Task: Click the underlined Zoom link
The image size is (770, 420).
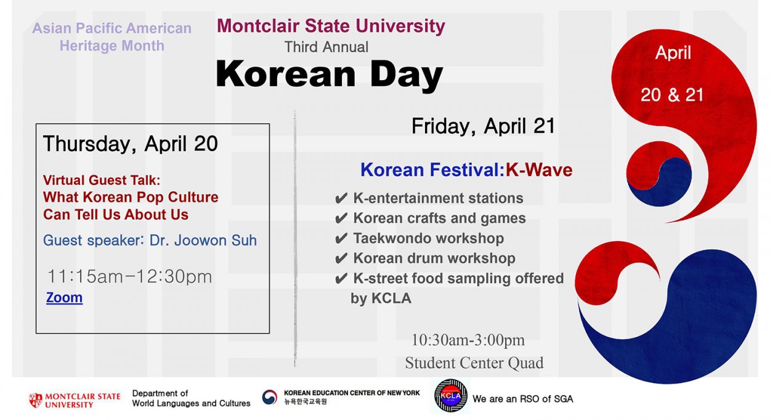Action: pyautogui.click(x=64, y=298)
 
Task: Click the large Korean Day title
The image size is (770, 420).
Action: pyautogui.click(x=330, y=75)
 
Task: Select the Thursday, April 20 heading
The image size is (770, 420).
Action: pyautogui.click(x=131, y=144)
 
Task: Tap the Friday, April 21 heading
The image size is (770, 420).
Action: pyautogui.click(x=484, y=126)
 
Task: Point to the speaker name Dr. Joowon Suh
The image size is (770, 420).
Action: pyautogui.click(x=203, y=240)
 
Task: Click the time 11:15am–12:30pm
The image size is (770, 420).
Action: pyautogui.click(x=129, y=277)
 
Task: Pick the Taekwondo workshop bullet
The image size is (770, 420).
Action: pyautogui.click(x=428, y=238)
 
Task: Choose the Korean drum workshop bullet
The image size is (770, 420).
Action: pyautogui.click(x=434, y=258)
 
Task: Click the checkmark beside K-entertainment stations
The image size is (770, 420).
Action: pyautogui.click(x=341, y=199)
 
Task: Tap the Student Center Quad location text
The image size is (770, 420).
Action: pyautogui.click(x=474, y=363)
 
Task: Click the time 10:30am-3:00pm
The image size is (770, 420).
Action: pyautogui.click(x=468, y=340)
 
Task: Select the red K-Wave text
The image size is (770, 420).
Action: pyautogui.click(x=539, y=170)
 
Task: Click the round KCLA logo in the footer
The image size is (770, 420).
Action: pyautogui.click(x=451, y=396)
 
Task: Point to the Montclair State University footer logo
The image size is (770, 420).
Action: pyautogui.click(x=75, y=400)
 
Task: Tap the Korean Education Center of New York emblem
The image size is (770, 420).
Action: pyautogui.click(x=269, y=398)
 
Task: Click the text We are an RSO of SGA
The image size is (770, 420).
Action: pyautogui.click(x=522, y=399)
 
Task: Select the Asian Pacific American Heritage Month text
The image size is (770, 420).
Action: pyautogui.click(x=111, y=37)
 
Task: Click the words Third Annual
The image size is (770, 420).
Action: pyautogui.click(x=326, y=47)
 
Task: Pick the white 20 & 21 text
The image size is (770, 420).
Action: pyautogui.click(x=672, y=95)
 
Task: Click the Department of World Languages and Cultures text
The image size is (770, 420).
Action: pyautogui.click(x=191, y=398)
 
